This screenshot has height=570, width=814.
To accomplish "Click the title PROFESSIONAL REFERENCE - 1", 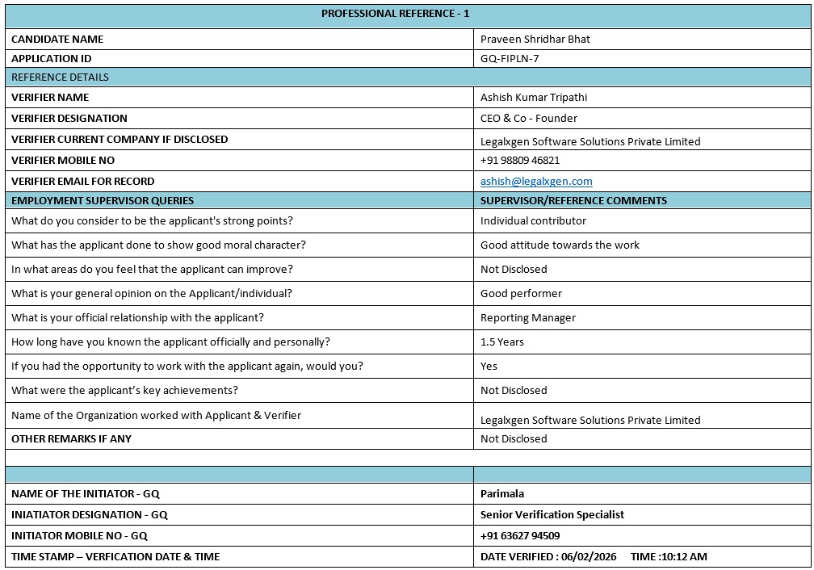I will [x=395, y=14].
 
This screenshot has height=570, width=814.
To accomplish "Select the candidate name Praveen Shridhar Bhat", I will [x=535, y=39].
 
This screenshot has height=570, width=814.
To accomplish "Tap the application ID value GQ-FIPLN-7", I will [x=510, y=58].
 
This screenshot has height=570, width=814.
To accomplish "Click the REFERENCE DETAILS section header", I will [x=60, y=78].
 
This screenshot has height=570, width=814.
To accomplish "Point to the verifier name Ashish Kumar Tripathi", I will [x=534, y=97].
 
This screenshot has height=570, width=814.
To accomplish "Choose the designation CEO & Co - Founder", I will [x=529, y=118].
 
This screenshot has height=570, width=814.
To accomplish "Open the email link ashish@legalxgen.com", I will [x=536, y=182].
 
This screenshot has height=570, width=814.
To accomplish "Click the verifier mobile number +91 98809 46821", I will [x=520, y=160].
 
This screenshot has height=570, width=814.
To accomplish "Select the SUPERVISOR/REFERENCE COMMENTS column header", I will [x=573, y=200].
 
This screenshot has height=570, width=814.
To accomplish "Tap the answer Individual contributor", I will [x=533, y=220].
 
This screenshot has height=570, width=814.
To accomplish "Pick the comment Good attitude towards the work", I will [x=560, y=245].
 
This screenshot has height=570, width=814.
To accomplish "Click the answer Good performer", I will [x=521, y=293].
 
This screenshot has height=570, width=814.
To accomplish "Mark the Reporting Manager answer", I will [x=528, y=317].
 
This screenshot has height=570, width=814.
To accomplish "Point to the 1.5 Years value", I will [x=502, y=342].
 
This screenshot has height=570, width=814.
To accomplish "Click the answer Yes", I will [x=489, y=366].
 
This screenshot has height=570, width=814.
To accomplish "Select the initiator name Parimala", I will [x=502, y=493].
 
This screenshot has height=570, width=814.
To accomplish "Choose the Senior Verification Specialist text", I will [x=552, y=514].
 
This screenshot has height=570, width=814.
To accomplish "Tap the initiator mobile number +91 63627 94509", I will [x=520, y=535].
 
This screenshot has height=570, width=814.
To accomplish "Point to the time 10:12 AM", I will [x=682, y=556].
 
